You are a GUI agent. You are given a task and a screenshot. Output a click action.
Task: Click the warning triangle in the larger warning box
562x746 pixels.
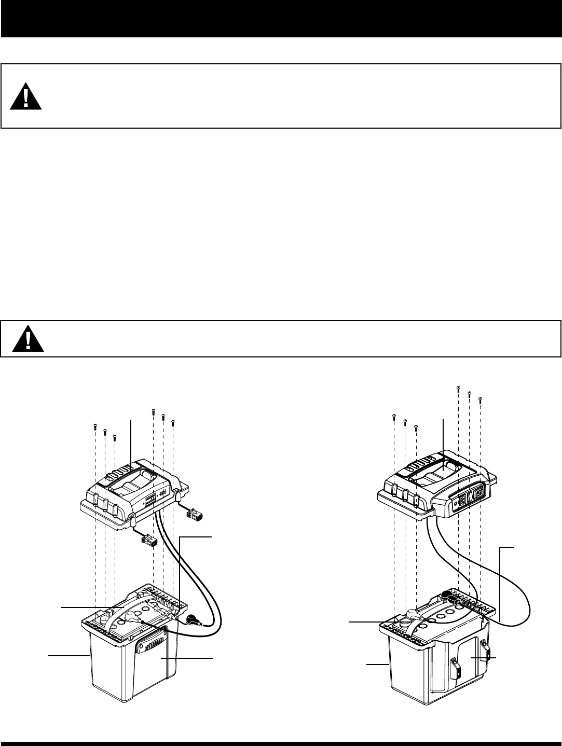point(25,96)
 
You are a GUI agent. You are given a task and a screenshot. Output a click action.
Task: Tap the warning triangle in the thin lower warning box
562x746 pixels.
point(28,339)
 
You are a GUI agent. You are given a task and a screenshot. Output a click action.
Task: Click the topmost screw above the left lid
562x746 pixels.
point(154,411)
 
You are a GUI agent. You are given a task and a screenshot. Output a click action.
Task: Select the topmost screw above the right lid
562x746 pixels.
point(458,388)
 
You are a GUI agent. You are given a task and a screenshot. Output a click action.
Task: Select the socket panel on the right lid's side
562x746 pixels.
point(469,495)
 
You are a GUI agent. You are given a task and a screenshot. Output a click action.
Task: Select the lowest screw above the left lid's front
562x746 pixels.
point(115,437)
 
